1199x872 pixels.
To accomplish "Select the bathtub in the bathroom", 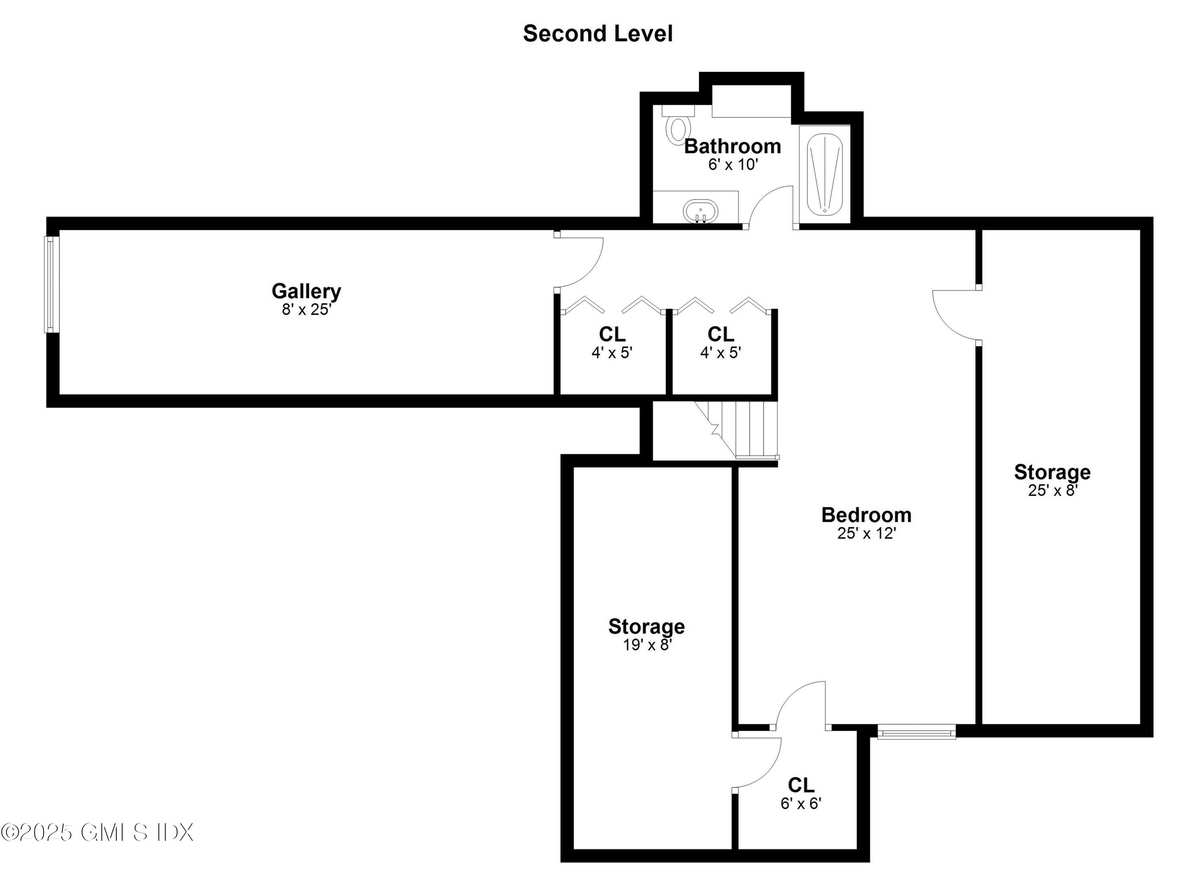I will tap(824, 174).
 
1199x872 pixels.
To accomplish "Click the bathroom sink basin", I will tap(701, 212).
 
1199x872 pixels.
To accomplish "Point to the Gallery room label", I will tap(306, 291).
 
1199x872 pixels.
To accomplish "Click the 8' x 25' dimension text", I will tap(306, 309).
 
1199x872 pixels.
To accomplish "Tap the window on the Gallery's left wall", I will tap(51, 285).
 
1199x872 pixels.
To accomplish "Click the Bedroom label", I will tap(866, 515).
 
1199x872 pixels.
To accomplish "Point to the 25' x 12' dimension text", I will tap(866, 533).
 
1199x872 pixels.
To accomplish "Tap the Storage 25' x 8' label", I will tap(1052, 472).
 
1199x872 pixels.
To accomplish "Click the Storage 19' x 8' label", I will tap(646, 627).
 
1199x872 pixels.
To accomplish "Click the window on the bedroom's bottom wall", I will tap(916, 732).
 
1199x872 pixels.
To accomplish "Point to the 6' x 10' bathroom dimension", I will tap(733, 164).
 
